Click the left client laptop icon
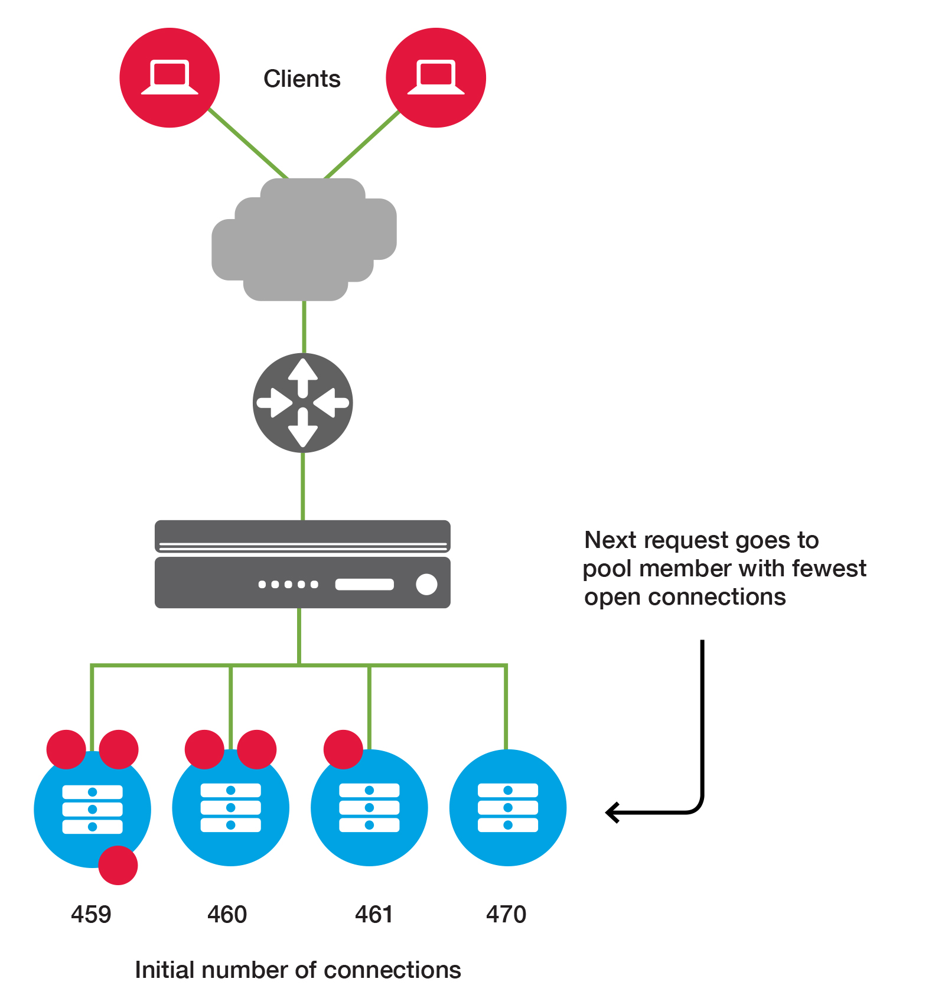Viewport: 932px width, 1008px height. point(170,77)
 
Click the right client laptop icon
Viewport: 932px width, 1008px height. point(436,77)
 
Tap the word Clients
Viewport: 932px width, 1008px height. point(302,79)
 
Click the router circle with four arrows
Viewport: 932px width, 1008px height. point(303,403)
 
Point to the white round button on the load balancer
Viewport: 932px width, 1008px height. point(426,584)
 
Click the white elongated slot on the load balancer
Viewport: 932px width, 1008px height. point(364,584)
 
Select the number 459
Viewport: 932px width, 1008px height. point(91,914)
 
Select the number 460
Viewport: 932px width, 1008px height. point(227,914)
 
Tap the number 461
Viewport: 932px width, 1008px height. point(374,914)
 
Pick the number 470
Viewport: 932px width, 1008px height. point(506,914)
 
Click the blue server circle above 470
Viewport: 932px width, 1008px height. point(508,807)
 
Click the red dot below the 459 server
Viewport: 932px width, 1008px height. point(118,865)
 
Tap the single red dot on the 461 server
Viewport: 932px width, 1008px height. point(343,749)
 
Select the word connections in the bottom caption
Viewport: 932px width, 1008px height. point(392,970)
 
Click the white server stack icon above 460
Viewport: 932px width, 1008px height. point(230,807)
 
